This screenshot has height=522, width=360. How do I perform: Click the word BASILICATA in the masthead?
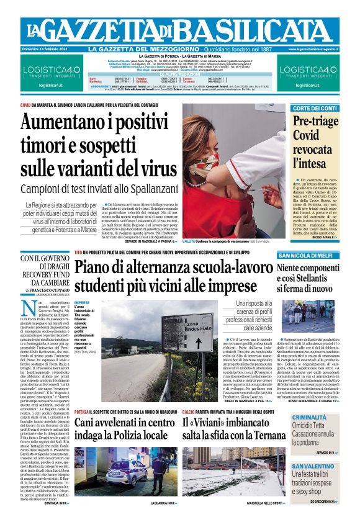pyautogui.click(x=270, y=30)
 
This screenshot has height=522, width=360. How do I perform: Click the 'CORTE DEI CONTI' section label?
pyautogui.click(x=315, y=109)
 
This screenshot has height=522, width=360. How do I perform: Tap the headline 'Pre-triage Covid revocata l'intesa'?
pyautogui.click(x=315, y=142)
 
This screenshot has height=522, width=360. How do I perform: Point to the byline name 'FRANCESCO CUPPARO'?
pyautogui.click(x=54, y=289)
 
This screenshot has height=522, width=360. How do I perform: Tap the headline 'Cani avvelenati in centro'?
pyautogui.click(x=125, y=423)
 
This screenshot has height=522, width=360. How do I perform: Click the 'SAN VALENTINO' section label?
pyautogui.click(x=314, y=466)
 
